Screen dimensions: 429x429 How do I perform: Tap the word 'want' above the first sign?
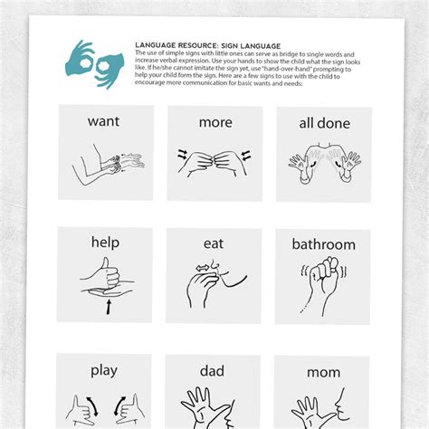[x=105, y=120]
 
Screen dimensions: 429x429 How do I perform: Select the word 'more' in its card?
[x=214, y=121]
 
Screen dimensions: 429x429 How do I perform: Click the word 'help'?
[x=105, y=242]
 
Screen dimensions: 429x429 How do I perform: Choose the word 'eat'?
[x=214, y=243]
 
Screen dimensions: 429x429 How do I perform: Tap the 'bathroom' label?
[x=323, y=243]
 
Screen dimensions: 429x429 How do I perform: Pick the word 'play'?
[x=105, y=369]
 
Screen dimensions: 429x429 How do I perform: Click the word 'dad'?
[x=214, y=369]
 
